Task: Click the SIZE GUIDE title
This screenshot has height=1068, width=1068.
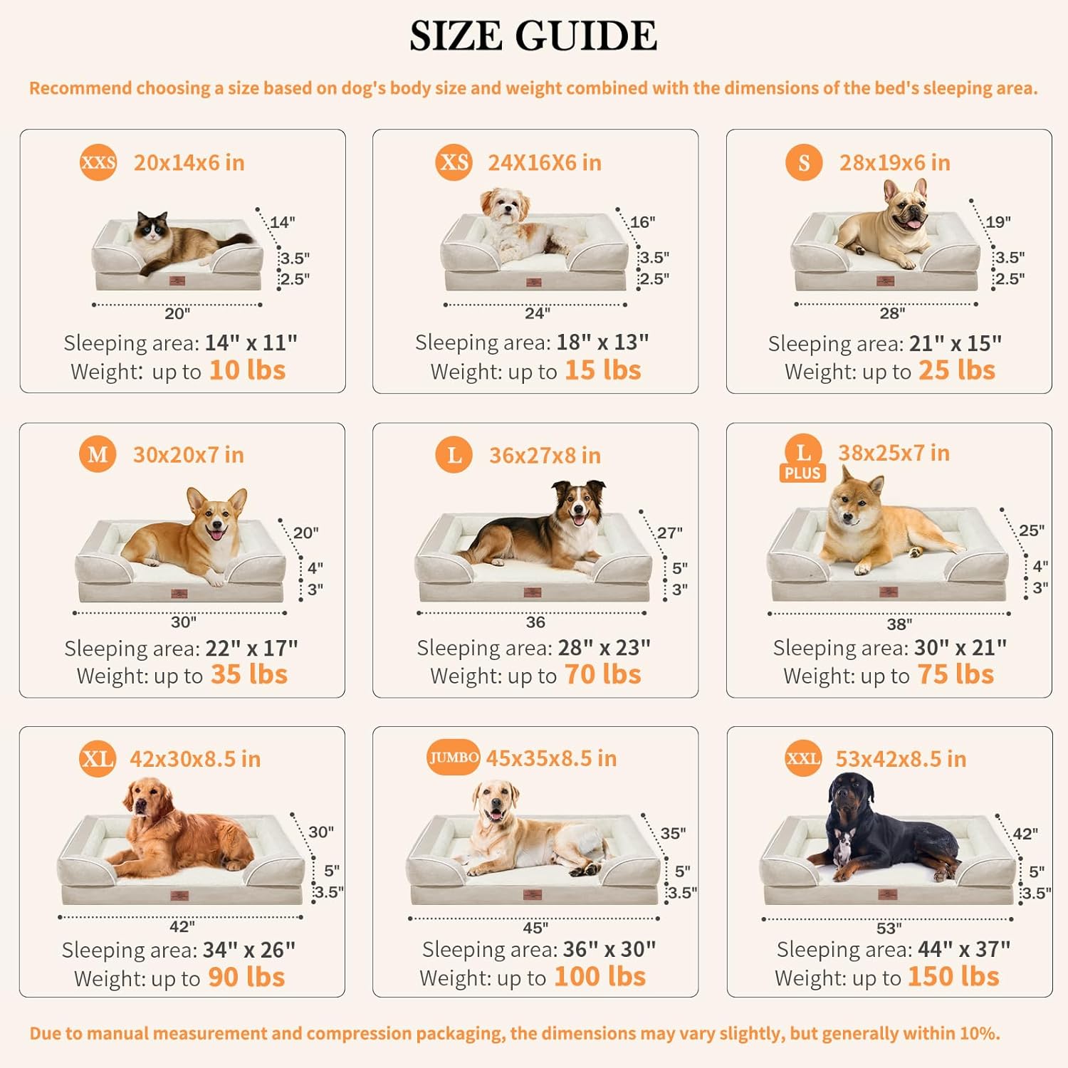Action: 533,36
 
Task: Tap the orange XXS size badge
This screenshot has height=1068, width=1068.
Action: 98,162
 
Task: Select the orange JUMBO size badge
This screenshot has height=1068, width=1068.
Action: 454,758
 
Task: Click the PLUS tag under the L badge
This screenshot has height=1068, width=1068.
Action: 802,473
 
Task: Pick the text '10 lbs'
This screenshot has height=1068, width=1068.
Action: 247,370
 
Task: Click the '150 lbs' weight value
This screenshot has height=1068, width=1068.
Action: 953,977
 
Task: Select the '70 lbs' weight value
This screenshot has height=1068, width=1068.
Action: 602,674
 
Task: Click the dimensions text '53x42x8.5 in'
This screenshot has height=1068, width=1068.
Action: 901,759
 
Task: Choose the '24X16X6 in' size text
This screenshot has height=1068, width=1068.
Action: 545,163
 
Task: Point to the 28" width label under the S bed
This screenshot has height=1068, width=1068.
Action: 892,313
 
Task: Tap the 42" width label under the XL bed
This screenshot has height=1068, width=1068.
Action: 182,926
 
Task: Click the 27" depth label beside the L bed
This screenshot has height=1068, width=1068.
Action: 670,533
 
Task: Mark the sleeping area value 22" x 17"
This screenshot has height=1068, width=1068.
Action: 251,648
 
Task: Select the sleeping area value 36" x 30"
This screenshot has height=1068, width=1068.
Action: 609,949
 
